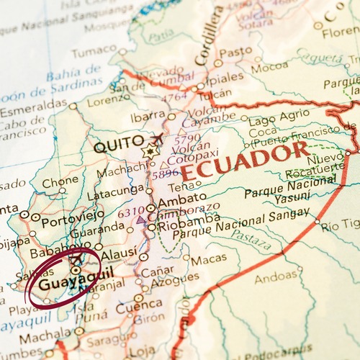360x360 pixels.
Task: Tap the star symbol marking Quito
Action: (x=150, y=152)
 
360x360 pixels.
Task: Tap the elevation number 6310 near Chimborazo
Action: (x=131, y=212)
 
